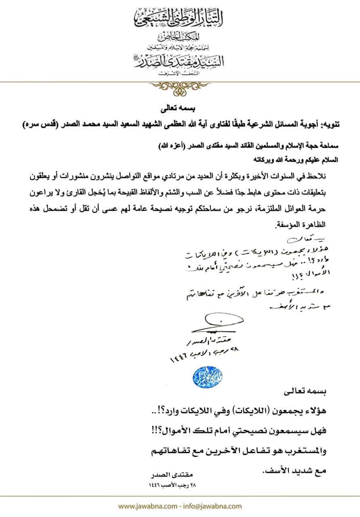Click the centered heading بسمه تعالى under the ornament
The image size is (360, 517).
180,109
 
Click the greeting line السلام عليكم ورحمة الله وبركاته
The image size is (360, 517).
299,160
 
